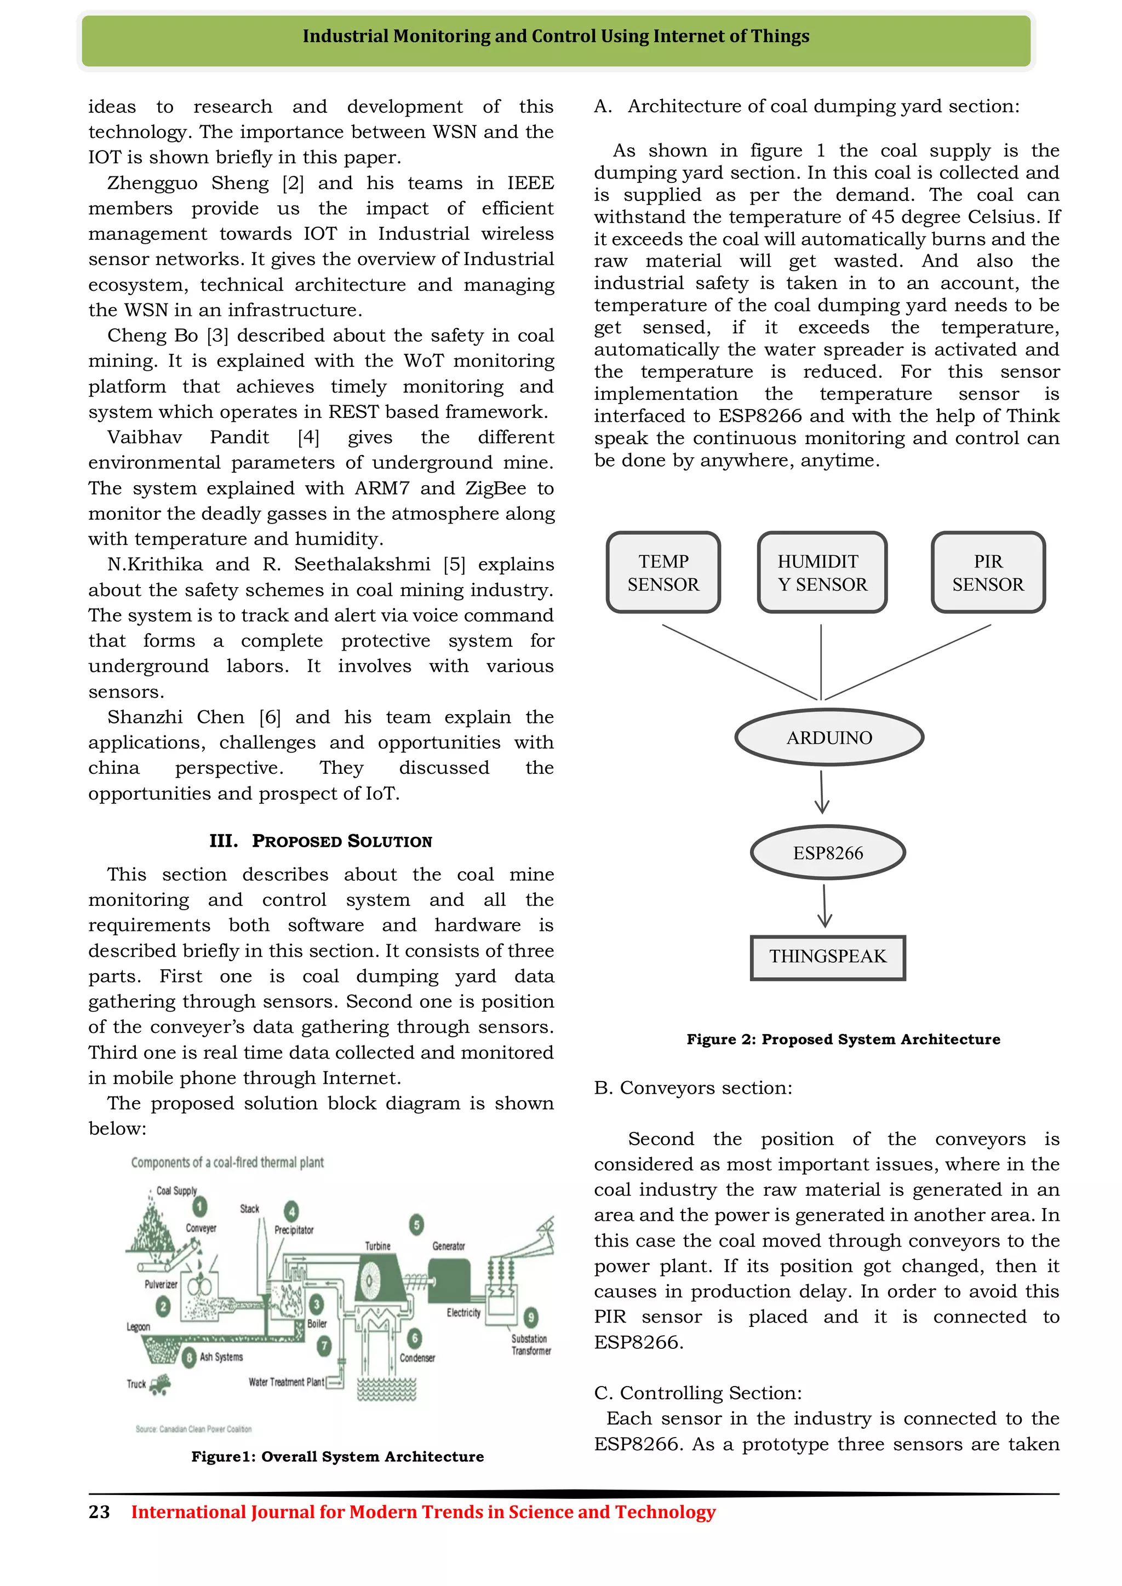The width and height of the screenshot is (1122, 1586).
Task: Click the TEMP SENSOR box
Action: [x=663, y=573]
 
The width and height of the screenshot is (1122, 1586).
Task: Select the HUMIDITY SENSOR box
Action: [x=822, y=573]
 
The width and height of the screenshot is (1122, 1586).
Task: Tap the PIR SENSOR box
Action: [x=988, y=573]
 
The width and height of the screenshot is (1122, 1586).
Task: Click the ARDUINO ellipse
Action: [x=829, y=738]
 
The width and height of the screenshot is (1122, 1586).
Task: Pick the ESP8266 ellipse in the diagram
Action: [x=828, y=853]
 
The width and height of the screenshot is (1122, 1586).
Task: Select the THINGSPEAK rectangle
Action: [x=828, y=957]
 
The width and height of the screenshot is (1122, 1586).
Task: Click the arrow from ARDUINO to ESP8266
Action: [x=821, y=793]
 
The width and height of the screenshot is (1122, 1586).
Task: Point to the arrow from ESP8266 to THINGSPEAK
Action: [x=824, y=906]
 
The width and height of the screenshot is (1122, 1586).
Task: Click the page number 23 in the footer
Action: [x=99, y=1512]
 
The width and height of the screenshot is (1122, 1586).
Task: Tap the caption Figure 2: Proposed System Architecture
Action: [x=843, y=1039]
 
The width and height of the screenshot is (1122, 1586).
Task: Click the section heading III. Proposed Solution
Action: [x=321, y=841]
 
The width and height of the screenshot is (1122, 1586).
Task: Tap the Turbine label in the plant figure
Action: [x=378, y=1246]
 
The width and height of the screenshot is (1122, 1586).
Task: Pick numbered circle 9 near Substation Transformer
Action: [x=531, y=1317]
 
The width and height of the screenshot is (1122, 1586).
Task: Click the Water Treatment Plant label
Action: [x=286, y=1382]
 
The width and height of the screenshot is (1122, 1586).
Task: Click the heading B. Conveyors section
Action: [x=693, y=1088]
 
